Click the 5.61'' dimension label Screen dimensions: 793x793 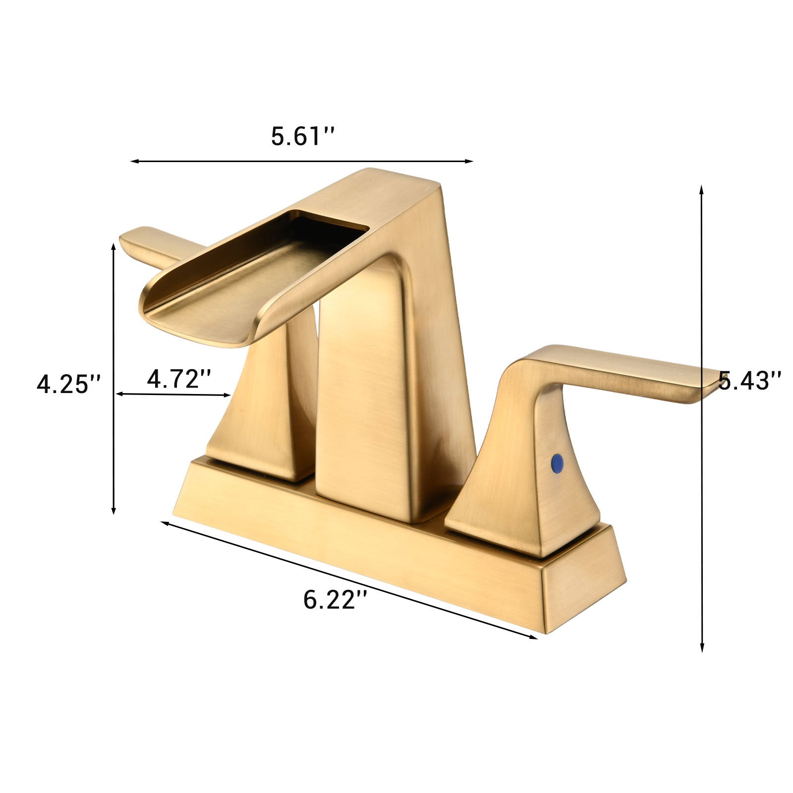(x=303, y=136)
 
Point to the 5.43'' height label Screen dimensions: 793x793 (x=749, y=381)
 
